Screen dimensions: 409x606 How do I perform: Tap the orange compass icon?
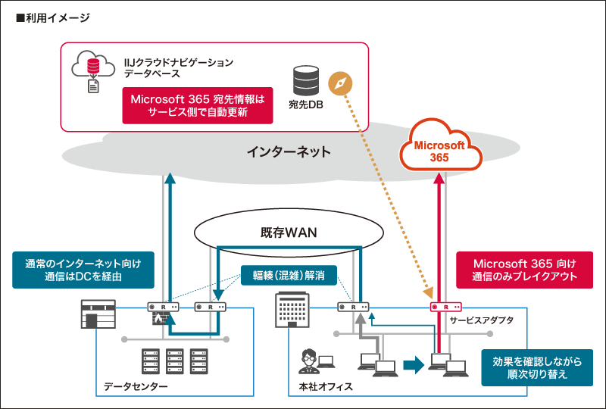point(341,83)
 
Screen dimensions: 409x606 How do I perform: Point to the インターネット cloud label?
point(289,151)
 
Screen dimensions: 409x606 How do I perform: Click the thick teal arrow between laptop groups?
point(413,365)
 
